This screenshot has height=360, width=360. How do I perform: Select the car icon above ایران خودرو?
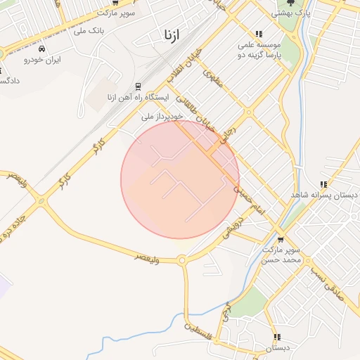[x=43, y=49]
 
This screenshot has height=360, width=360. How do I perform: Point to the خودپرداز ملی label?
[x=162, y=116]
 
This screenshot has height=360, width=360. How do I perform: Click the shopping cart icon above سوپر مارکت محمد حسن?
[x=281, y=239]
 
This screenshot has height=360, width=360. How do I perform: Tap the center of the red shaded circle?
[x=180, y=179]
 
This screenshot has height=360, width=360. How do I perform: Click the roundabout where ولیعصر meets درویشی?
[x=182, y=261]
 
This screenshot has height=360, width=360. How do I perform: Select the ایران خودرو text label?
[x=43, y=60]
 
